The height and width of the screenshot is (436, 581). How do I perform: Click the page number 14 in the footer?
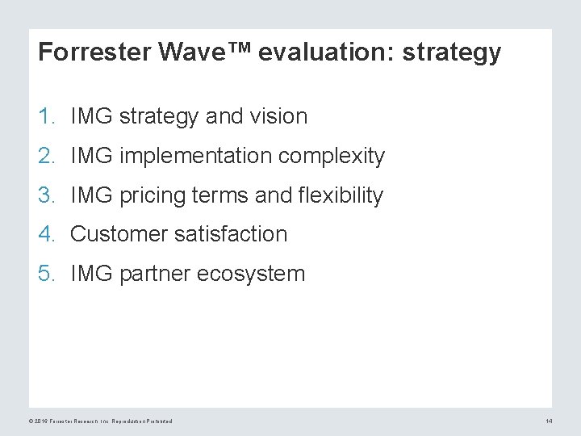[549, 421]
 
